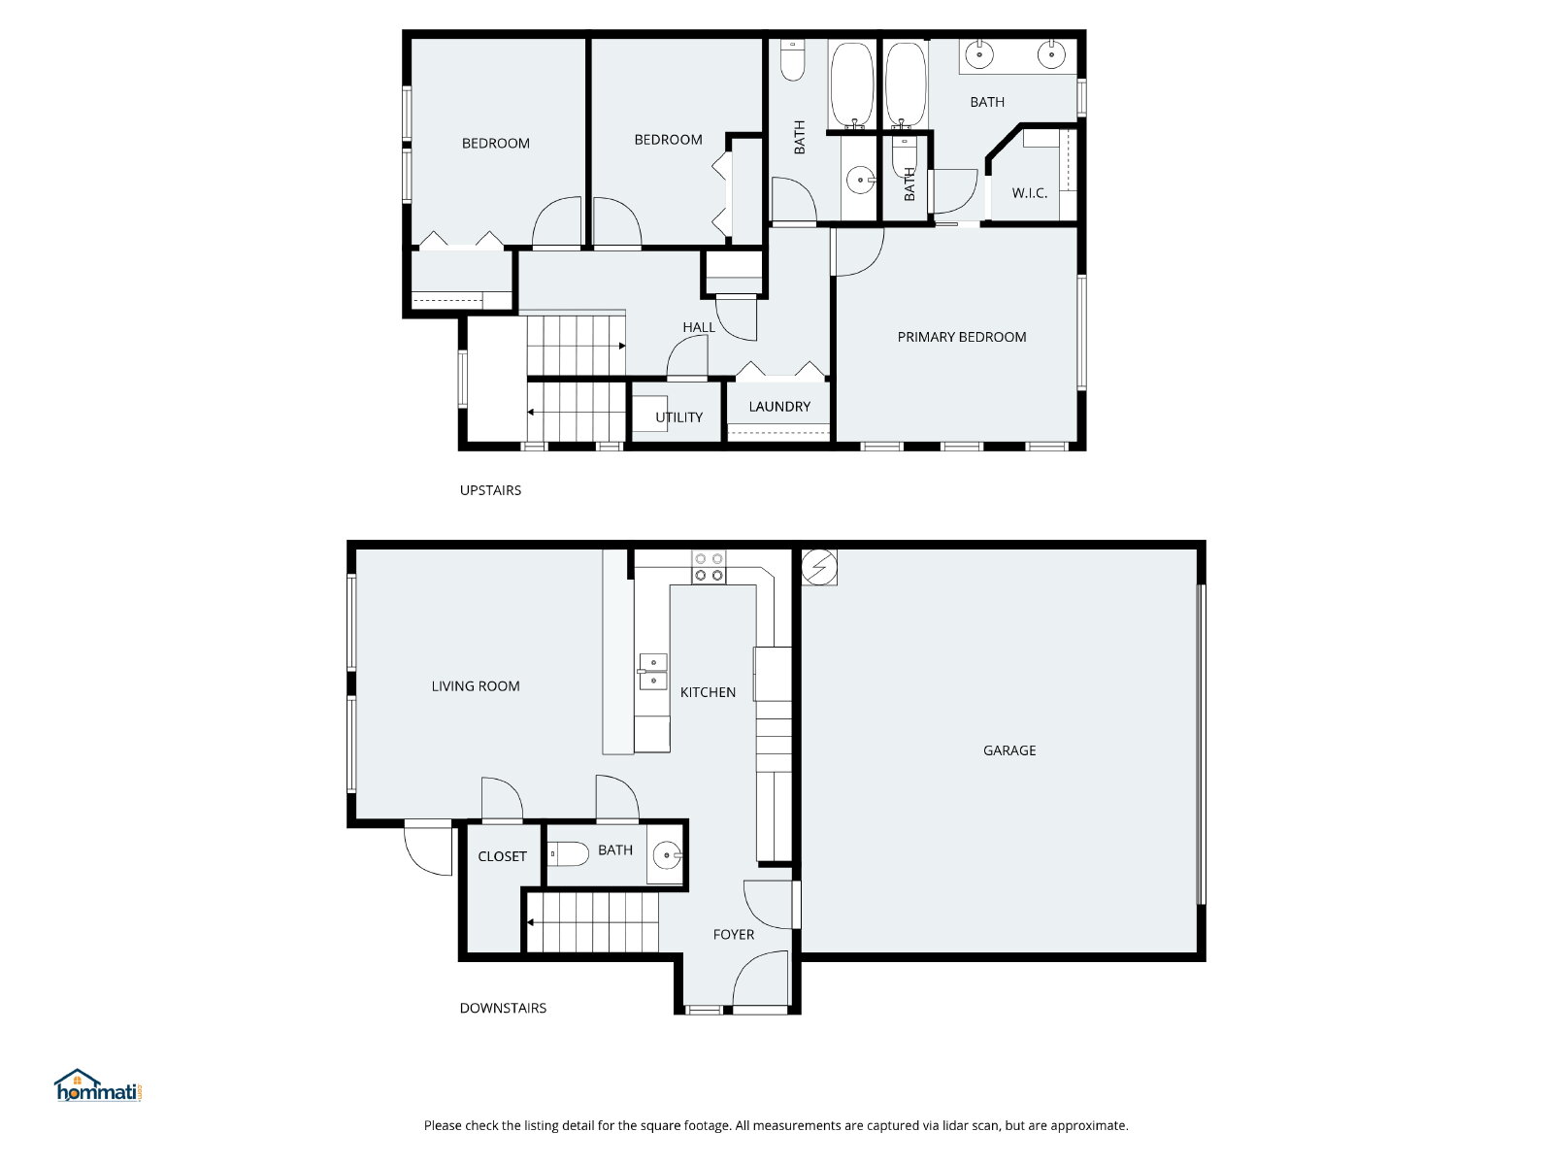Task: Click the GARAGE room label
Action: pyautogui.click(x=1008, y=750)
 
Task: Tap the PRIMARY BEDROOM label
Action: pyautogui.click(x=962, y=338)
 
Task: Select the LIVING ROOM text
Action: pyautogui.click(x=476, y=686)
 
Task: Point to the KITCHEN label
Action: pyautogui.click(x=708, y=692)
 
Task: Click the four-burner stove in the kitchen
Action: pyautogui.click(x=709, y=568)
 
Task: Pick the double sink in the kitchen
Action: pyautogui.click(x=652, y=671)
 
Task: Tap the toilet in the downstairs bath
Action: pyautogui.click(x=568, y=854)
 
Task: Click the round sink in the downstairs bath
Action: pyautogui.click(x=667, y=855)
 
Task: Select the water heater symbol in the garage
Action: pyautogui.click(x=819, y=567)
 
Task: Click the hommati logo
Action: pyautogui.click(x=98, y=1085)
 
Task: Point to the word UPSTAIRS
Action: pyautogui.click(x=490, y=490)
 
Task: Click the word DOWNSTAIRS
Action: pyautogui.click(x=503, y=1008)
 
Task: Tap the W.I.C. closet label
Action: pyautogui.click(x=1030, y=193)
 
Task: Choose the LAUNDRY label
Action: pyautogui.click(x=779, y=407)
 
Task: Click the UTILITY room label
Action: pyautogui.click(x=678, y=417)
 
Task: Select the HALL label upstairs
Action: pyautogui.click(x=699, y=327)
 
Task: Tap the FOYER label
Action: pyautogui.click(x=734, y=934)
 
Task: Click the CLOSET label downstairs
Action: pyautogui.click(x=503, y=856)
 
